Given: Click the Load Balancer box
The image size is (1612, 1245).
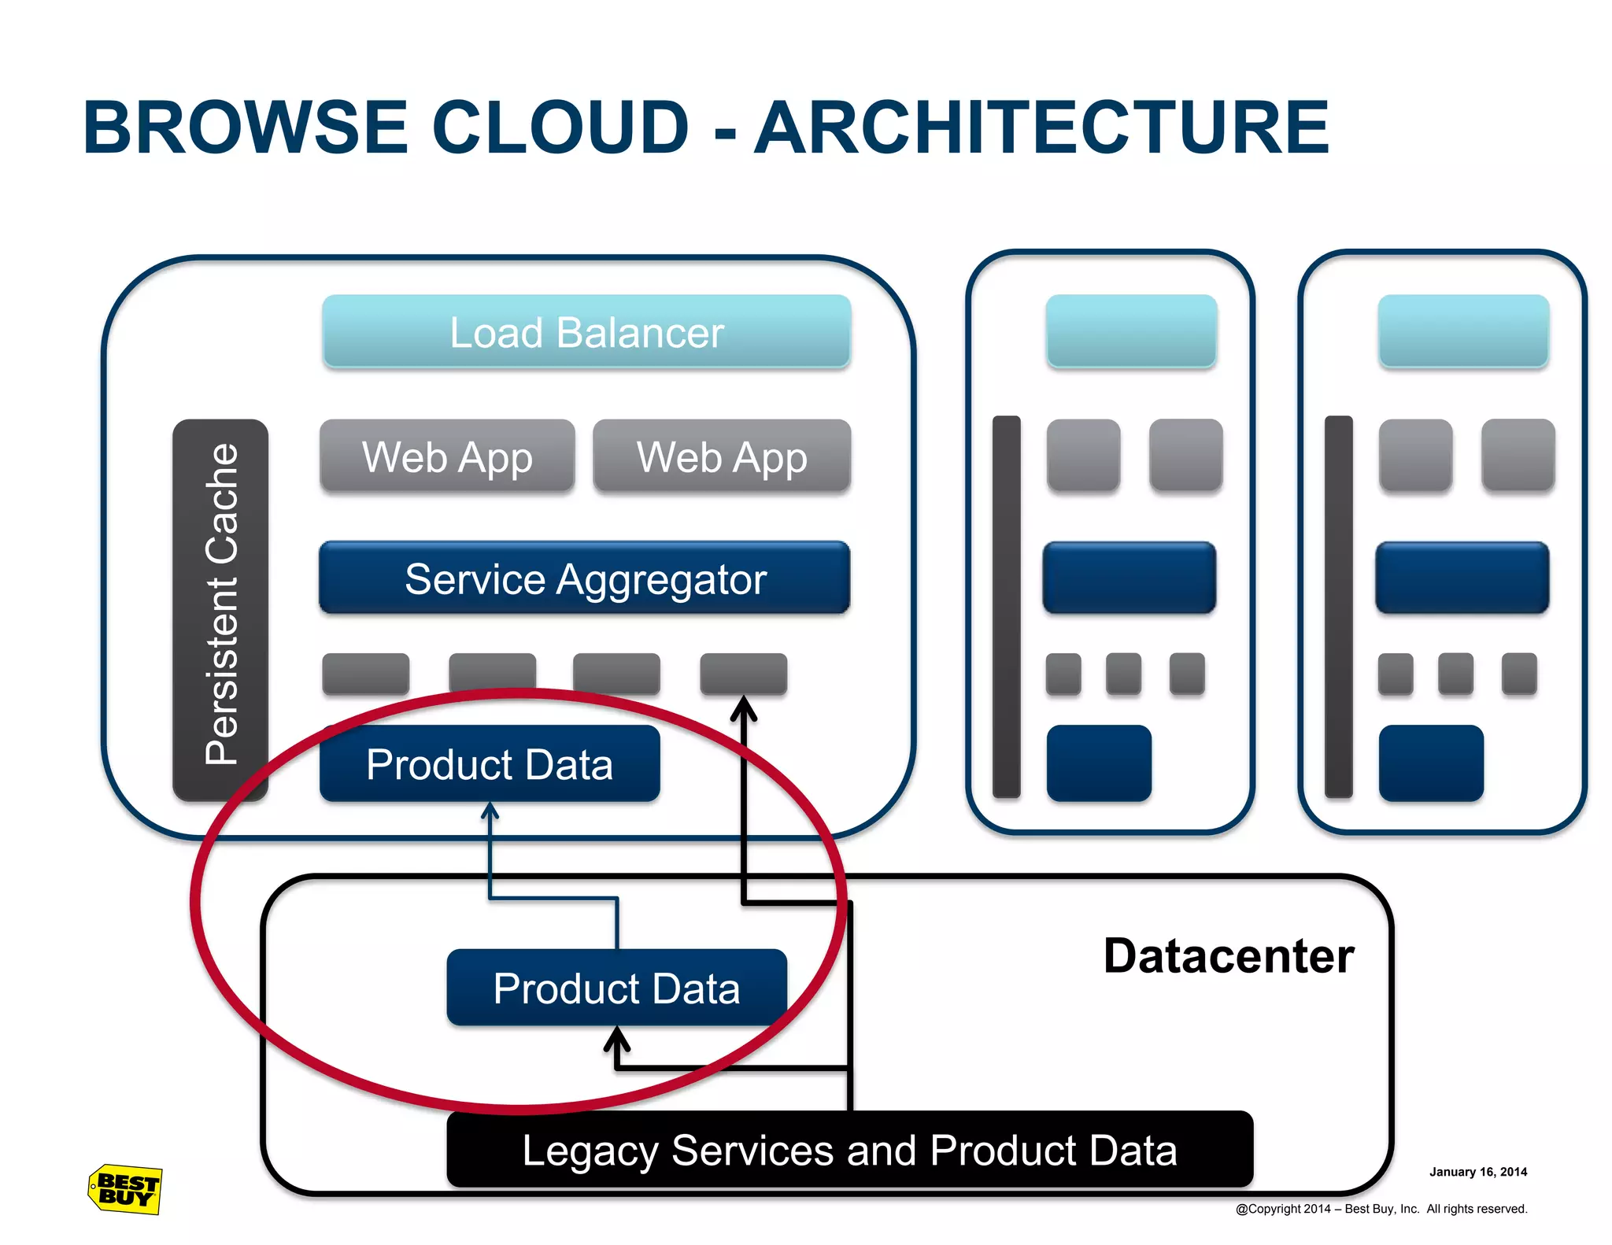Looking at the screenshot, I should pyautogui.click(x=586, y=331).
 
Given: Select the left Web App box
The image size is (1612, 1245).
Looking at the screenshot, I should pyautogui.click(x=447, y=456).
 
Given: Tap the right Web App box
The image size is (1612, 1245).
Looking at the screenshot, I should pyautogui.click(x=722, y=456).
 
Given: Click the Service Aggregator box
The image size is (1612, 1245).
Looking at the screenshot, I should pyautogui.click(x=585, y=578).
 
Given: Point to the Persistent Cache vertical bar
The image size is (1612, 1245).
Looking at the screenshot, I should pyautogui.click(x=220, y=610).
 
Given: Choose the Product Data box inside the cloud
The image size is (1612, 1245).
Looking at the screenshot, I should pyautogui.click(x=490, y=763).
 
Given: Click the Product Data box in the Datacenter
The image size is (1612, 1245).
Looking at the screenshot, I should pyautogui.click(x=616, y=988).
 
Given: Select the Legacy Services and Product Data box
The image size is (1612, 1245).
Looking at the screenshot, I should pyautogui.click(x=849, y=1150).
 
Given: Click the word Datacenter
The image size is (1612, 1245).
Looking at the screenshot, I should pyautogui.click(x=1229, y=956).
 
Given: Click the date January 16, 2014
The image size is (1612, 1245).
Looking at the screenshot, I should pyautogui.click(x=1478, y=1172).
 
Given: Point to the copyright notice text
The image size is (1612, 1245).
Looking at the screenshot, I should pyautogui.click(x=1381, y=1209).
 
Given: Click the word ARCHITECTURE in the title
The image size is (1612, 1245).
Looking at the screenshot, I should pyautogui.click(x=1041, y=127).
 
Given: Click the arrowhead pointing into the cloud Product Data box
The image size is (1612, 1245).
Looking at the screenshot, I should pyautogui.click(x=490, y=811).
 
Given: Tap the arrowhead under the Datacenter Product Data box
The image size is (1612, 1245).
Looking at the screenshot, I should pyautogui.click(x=617, y=1040).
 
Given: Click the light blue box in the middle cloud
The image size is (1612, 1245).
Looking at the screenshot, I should pyautogui.click(x=1131, y=331).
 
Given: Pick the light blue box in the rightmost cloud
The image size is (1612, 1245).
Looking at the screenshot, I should pyautogui.click(x=1463, y=331).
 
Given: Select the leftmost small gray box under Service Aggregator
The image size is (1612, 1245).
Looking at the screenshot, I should pyautogui.click(x=366, y=674).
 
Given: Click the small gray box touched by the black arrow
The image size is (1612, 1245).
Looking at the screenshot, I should pyautogui.click(x=744, y=674).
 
